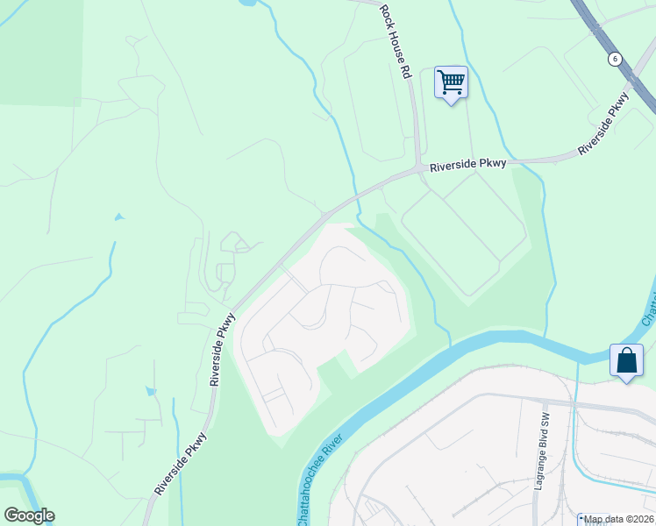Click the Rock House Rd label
(395, 42)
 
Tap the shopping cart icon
(451, 82)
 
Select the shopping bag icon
(627, 360)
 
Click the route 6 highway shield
(616, 59)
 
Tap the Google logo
(29, 515)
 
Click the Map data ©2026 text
(619, 519)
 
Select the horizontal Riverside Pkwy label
(467, 167)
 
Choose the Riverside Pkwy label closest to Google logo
(182, 464)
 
